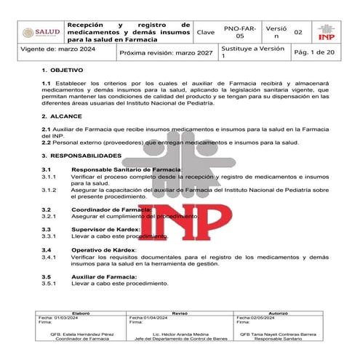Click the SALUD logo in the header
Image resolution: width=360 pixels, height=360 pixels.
39,32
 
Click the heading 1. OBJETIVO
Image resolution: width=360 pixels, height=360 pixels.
63,75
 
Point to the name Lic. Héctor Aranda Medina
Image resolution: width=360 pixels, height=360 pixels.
180,335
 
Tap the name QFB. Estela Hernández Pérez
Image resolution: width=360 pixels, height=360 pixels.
81,335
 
